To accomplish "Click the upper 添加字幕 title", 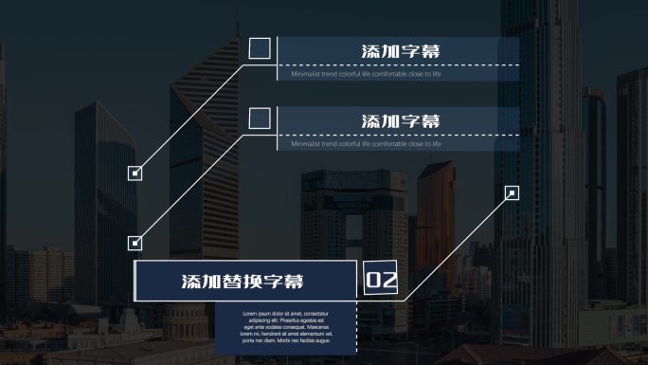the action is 401,51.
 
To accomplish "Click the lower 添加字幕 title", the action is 401,121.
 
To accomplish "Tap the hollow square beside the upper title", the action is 260,49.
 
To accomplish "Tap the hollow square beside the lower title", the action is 260,119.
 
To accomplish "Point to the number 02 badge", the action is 381,280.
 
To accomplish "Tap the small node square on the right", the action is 512,193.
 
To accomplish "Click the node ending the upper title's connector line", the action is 135,173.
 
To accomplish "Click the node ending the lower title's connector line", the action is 135,243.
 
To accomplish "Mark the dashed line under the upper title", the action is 398,65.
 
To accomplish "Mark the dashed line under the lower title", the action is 398,136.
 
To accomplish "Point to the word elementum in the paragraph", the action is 309,334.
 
